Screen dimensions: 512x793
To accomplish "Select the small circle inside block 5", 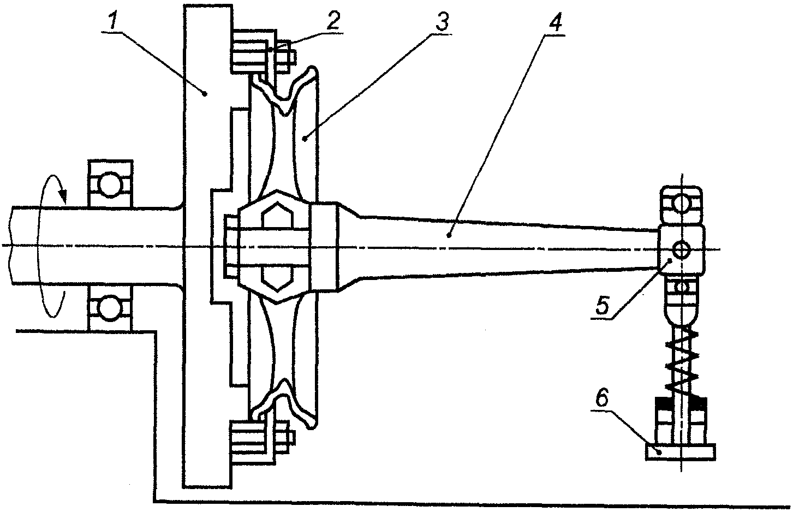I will [681, 250].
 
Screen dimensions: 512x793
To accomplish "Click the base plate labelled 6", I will [680, 451].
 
